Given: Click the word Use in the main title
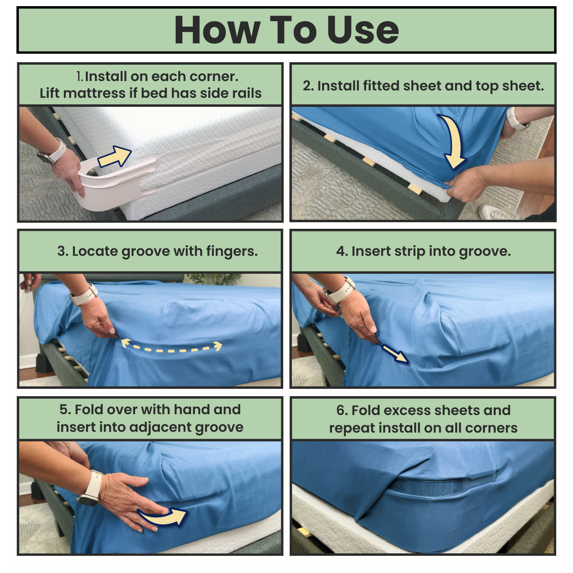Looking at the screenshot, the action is point(363,30).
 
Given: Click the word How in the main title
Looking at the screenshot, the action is point(217,30).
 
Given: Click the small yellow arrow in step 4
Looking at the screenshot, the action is point(395,354).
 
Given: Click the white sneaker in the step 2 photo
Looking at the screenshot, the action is point(496,212).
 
